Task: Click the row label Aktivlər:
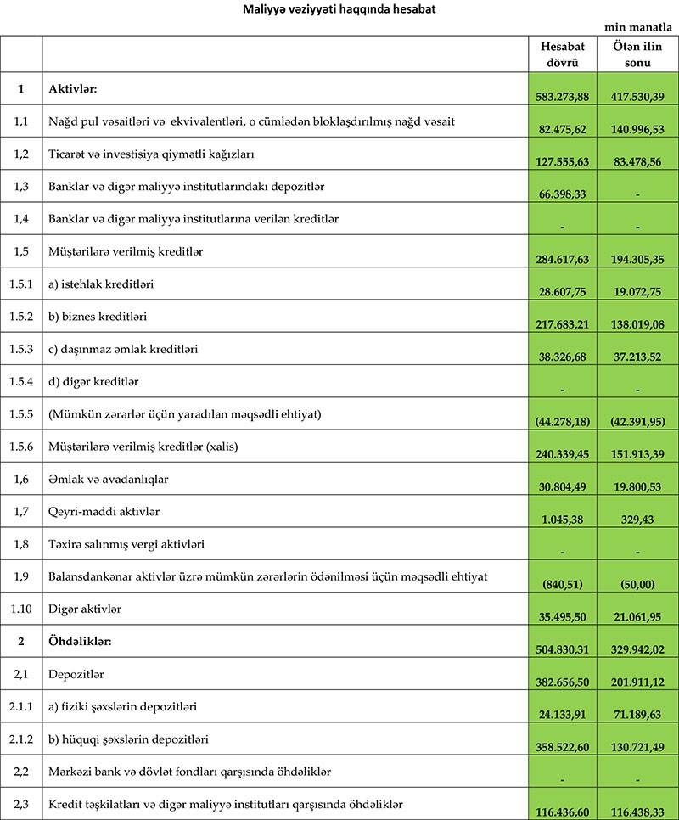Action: [x=75, y=88]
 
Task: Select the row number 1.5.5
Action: [x=21, y=414]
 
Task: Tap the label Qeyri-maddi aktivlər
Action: [x=104, y=512]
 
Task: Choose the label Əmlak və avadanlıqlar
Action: [x=109, y=479]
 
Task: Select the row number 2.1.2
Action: [x=21, y=739]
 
